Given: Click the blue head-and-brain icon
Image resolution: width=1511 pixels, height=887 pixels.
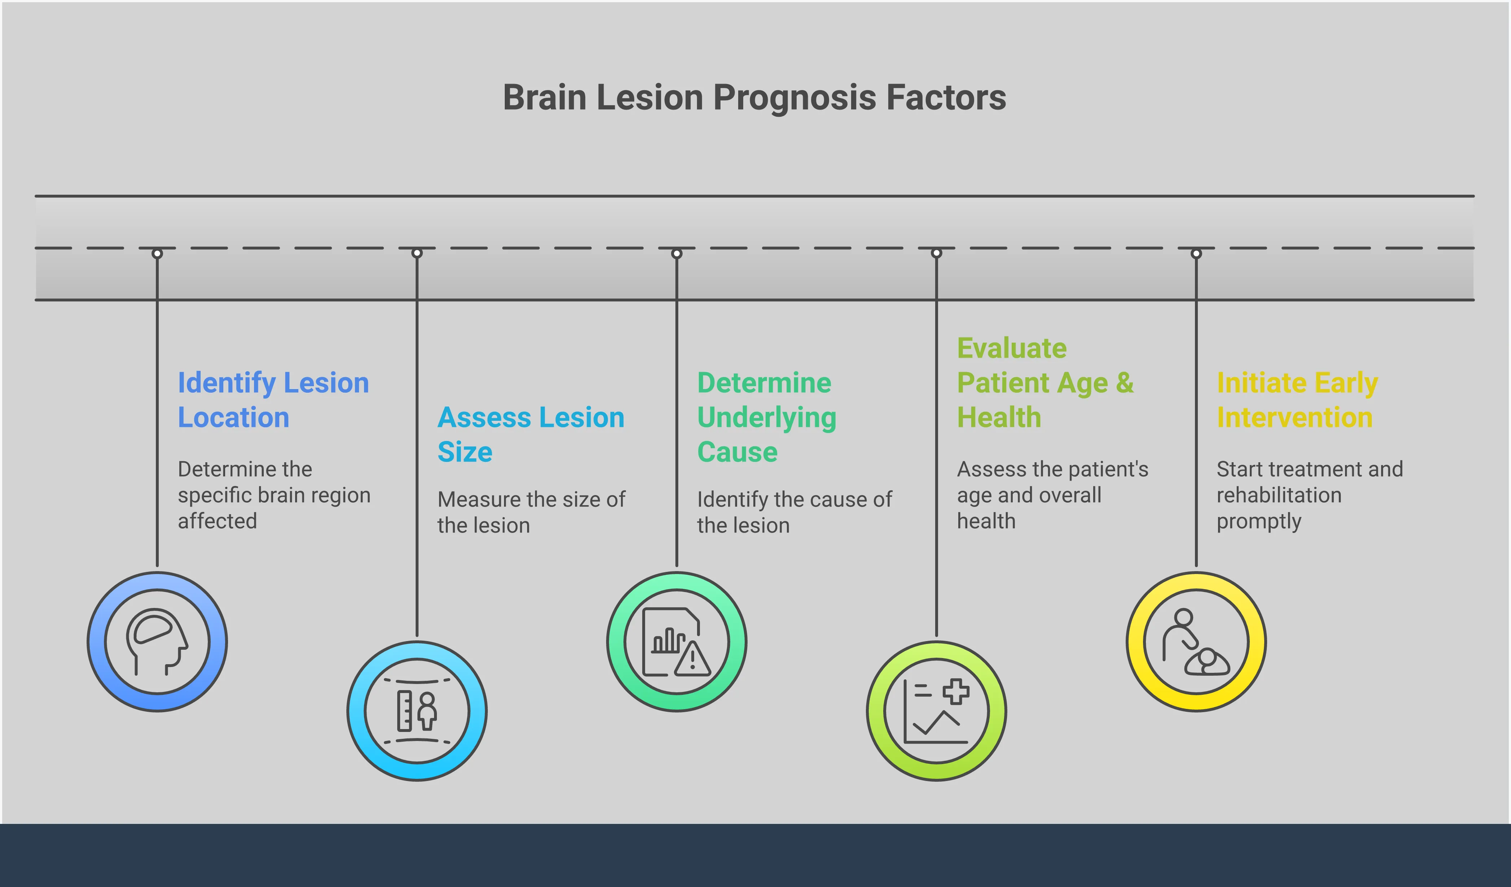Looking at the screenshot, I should [157, 642].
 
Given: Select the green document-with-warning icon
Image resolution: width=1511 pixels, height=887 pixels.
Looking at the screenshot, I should [676, 642].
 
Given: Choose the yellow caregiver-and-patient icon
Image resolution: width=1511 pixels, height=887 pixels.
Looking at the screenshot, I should [1196, 642].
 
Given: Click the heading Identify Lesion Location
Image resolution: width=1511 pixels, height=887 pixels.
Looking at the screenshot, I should [273, 400].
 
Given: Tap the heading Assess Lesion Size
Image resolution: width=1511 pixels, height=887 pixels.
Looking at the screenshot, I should [531, 434].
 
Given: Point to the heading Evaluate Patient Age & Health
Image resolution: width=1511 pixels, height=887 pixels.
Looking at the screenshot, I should [1044, 383].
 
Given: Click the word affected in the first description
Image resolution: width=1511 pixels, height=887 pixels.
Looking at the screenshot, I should [217, 521].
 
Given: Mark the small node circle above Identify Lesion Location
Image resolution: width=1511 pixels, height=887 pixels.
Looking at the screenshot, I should [157, 253].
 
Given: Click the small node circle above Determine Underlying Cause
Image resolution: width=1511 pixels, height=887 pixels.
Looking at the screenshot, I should [676, 253].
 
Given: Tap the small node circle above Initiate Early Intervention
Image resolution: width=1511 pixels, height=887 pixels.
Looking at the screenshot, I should [1196, 253].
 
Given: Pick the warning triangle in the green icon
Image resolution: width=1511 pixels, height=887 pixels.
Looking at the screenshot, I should [693, 659].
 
